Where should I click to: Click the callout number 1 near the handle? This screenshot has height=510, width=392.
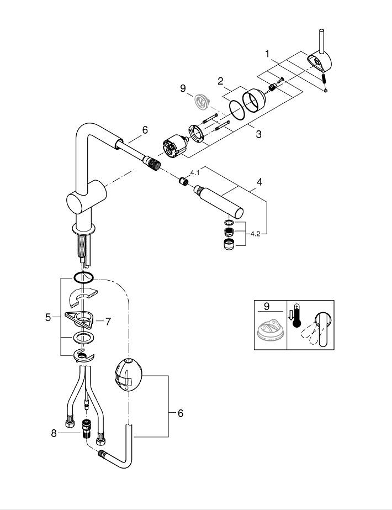(x=267, y=54)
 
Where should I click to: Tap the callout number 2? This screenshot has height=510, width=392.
(x=221, y=81)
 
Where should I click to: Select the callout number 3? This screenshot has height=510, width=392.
(x=258, y=134)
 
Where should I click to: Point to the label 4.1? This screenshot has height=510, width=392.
(x=195, y=173)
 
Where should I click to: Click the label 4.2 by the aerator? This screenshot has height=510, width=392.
(x=255, y=234)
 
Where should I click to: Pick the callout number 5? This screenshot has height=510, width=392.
(x=48, y=318)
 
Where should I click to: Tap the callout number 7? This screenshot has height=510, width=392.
(x=108, y=322)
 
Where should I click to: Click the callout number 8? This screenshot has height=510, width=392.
(x=54, y=433)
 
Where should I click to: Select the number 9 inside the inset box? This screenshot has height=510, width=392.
(x=267, y=307)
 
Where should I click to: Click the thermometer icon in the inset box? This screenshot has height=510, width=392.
(x=296, y=316)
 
